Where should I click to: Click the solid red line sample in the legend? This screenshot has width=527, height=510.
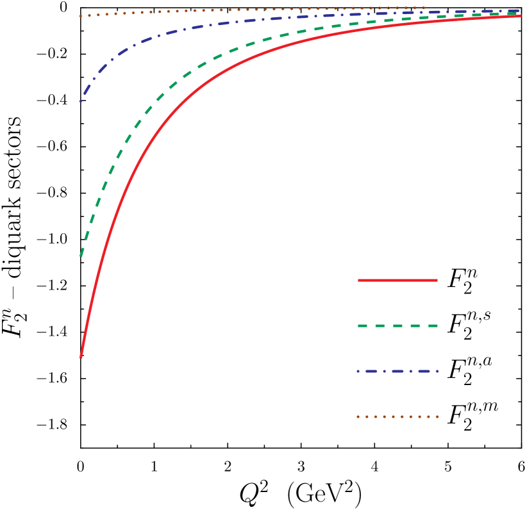pyautogui.click(x=397, y=280)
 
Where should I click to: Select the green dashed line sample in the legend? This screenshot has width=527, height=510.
pyautogui.click(x=397, y=326)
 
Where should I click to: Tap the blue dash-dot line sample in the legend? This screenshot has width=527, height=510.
pyautogui.click(x=397, y=371)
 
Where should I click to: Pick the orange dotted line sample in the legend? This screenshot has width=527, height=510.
pyautogui.click(x=397, y=416)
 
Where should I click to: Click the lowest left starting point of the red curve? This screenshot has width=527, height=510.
pyautogui.click(x=81, y=356)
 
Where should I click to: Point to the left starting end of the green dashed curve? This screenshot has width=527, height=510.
pyautogui.click(x=81, y=255)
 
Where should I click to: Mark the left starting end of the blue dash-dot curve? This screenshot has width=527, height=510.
pyautogui.click(x=81, y=101)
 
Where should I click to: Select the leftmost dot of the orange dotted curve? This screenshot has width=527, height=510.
pyautogui.click(x=81, y=16)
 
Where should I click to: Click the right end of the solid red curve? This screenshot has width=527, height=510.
pyautogui.click(x=520, y=16)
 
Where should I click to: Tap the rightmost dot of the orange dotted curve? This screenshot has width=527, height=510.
pyautogui.click(x=424, y=8)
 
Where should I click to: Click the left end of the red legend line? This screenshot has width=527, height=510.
pyautogui.click(x=359, y=280)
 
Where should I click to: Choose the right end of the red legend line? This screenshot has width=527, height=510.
pyautogui.click(x=437, y=280)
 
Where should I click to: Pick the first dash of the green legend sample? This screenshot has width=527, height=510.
pyautogui.click(x=362, y=326)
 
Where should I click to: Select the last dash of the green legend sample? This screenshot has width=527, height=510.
pyautogui.click(x=433, y=326)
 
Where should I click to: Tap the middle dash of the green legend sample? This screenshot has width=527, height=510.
pyautogui.click(x=397, y=326)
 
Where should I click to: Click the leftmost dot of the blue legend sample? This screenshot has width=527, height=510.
pyautogui.click(x=358, y=371)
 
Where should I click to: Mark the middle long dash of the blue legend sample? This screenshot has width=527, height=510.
pyautogui.click(x=397, y=371)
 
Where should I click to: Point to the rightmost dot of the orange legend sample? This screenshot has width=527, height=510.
pyautogui.click(x=437, y=416)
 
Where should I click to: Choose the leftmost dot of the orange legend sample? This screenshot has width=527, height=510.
pyautogui.click(x=358, y=416)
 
